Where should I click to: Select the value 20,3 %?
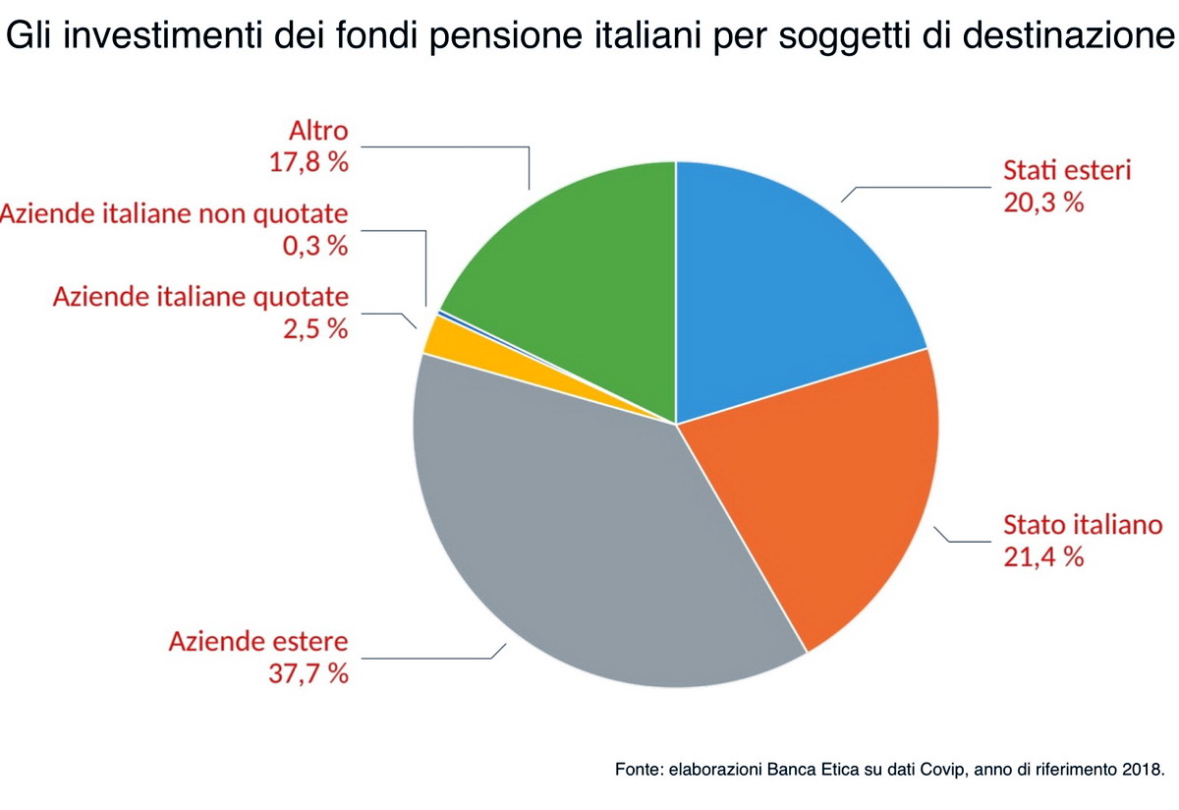click(1042, 203)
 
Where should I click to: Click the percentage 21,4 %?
click(1042, 557)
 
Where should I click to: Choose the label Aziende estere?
click(258, 642)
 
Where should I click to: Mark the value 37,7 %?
click(309, 675)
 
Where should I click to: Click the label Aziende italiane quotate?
click(200, 296)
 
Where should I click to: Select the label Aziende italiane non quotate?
click(174, 214)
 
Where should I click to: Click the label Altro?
click(318, 131)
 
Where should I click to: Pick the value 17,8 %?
click(309, 163)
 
